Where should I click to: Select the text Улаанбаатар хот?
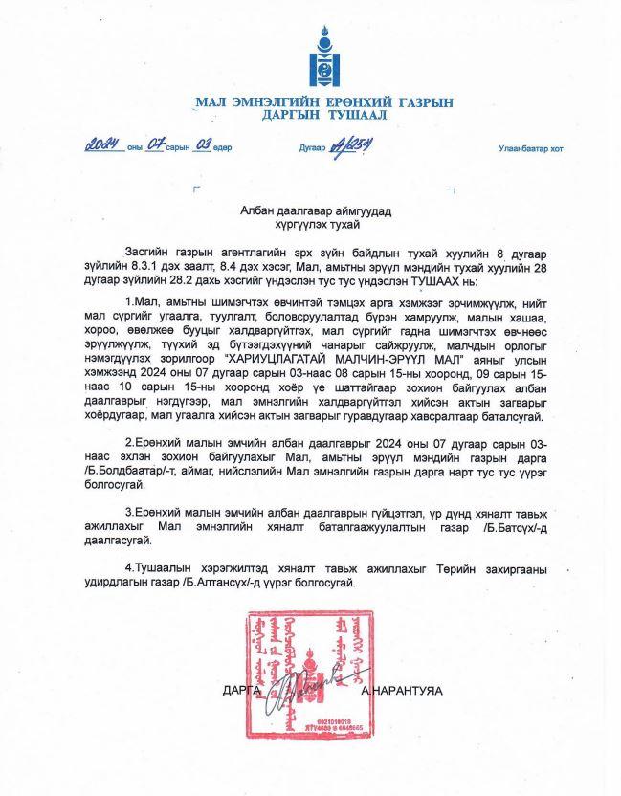(x=531, y=148)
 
